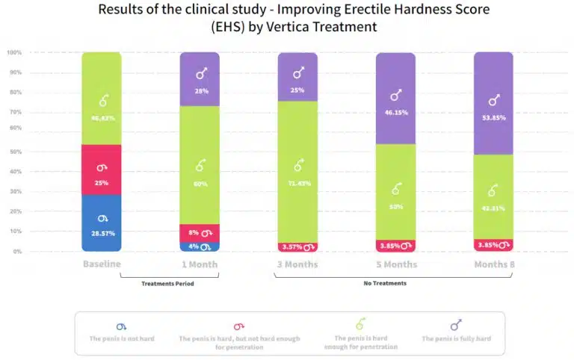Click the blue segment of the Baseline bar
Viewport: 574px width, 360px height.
click(102, 223)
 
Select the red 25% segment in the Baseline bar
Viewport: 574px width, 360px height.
click(102, 170)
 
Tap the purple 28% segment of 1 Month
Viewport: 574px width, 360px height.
click(200, 79)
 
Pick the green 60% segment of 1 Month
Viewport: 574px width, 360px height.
click(200, 164)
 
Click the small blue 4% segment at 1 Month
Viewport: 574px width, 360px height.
click(200, 246)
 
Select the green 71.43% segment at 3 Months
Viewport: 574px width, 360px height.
click(298, 171)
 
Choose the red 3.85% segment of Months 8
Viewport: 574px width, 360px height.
click(494, 245)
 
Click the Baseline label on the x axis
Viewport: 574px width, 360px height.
click(102, 264)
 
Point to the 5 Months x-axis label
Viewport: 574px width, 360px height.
click(396, 264)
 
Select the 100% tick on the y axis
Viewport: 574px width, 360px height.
click(14, 53)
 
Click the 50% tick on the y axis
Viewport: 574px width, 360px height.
click(14, 152)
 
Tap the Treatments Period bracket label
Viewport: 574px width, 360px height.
click(169, 284)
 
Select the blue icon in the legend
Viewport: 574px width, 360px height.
click(122, 326)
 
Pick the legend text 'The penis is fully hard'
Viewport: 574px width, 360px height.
click(457, 339)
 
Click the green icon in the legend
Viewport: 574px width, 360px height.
click(360, 324)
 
